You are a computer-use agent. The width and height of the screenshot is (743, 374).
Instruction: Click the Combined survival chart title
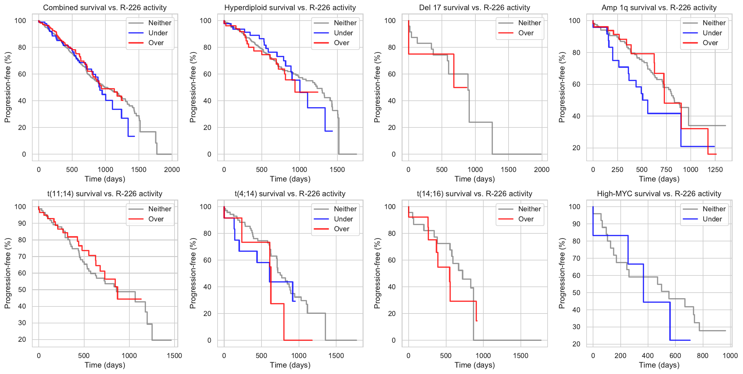105,8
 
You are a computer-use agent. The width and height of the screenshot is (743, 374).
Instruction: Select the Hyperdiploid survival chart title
290,8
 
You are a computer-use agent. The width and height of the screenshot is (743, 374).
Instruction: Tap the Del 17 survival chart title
474,8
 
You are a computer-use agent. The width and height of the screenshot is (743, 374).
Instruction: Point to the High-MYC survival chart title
659,194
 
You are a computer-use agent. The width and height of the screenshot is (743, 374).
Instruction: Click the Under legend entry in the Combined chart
158,33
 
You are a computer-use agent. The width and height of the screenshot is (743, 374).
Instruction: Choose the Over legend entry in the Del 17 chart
526,33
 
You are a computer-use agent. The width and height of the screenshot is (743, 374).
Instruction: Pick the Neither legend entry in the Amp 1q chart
714,23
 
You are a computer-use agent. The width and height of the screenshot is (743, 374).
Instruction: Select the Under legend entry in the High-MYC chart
712,219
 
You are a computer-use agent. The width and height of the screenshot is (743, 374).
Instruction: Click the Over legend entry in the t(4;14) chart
341,229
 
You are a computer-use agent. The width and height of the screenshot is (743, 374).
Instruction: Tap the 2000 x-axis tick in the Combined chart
172,169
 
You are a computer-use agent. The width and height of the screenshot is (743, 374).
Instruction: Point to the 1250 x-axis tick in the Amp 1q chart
715,169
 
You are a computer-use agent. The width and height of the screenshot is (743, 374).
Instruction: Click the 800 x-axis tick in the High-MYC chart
702,356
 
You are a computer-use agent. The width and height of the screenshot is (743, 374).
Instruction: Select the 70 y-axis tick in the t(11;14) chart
22,256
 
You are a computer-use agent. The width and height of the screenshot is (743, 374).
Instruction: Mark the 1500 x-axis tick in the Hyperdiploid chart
337,169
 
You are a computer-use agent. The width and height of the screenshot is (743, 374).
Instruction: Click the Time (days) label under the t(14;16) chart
474,365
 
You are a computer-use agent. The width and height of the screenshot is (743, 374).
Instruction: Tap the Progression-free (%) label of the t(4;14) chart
193,273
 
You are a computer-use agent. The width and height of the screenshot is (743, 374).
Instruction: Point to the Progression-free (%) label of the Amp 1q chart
562,87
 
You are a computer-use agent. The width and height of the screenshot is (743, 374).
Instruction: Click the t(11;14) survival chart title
105,194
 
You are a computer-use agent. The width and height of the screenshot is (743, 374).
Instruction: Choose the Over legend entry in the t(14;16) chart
526,219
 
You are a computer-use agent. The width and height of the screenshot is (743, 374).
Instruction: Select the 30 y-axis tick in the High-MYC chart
576,327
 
